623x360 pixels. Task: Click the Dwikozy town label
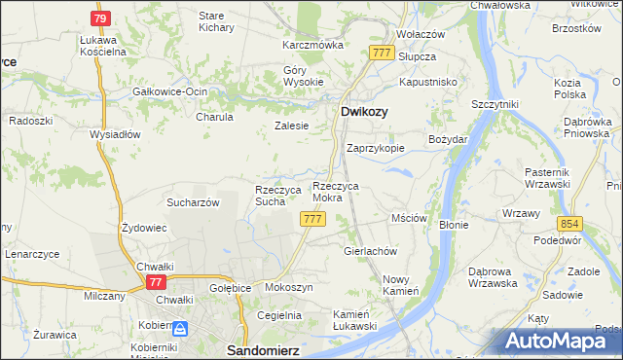pyautogui.click(x=365, y=112)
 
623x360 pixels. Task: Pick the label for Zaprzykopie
pyautogui.click(x=376, y=149)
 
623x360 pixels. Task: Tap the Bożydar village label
pyautogui.click(x=448, y=140)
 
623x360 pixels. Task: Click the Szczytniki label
pyautogui.click(x=496, y=104)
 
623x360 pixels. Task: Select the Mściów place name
pyautogui.click(x=409, y=219)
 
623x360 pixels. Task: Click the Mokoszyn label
pyautogui.click(x=288, y=288)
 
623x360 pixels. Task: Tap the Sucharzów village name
pyautogui.click(x=192, y=203)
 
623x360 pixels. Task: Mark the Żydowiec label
pyautogui.click(x=144, y=227)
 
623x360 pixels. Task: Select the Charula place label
pyautogui.click(x=214, y=117)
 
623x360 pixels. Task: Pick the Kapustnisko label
pyautogui.click(x=428, y=83)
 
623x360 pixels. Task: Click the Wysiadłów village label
pyautogui.click(x=116, y=134)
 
